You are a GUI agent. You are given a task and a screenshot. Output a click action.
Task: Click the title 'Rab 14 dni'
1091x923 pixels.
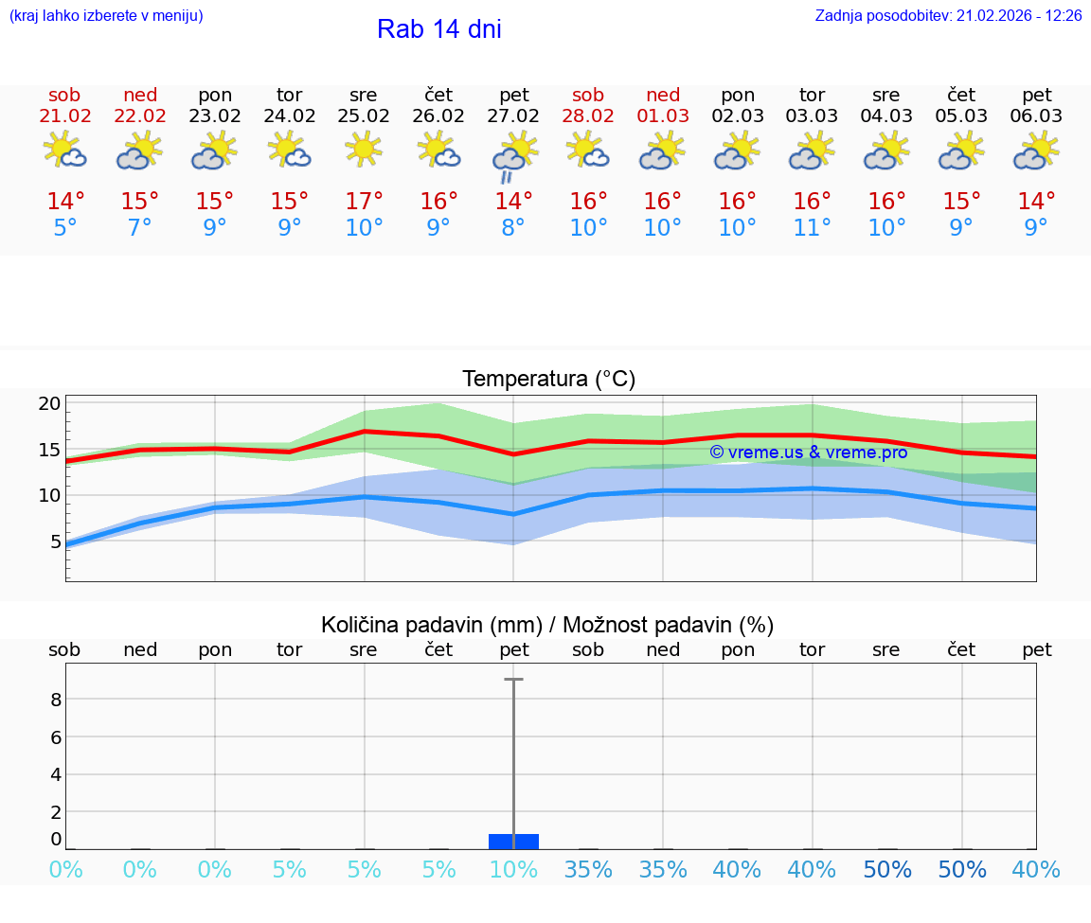438,29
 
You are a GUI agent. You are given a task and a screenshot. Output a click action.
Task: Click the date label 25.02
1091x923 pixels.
364,116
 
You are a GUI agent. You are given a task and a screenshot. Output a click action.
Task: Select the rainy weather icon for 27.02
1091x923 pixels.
513,155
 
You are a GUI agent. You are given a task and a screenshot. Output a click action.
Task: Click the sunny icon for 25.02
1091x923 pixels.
364,150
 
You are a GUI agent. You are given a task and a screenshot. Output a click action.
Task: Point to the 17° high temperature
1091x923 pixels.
364,202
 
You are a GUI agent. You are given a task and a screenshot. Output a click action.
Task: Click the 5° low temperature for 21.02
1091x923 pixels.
65,228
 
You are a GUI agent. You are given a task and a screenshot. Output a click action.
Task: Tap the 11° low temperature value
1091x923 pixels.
812,228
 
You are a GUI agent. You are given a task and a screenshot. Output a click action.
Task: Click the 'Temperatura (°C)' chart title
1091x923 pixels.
548,380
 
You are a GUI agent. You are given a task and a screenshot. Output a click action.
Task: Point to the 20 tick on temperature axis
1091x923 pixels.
50,404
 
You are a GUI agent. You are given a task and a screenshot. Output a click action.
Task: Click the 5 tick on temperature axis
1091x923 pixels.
55,541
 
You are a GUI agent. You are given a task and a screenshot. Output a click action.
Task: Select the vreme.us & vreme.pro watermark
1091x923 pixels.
808,453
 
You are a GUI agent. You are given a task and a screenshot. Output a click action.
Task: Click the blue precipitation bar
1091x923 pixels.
513,842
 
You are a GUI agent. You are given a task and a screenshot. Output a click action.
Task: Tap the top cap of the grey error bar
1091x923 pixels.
513,680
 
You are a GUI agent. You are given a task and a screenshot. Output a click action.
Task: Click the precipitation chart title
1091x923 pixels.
547,625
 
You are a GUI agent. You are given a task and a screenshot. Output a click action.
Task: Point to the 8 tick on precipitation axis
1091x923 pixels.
56,700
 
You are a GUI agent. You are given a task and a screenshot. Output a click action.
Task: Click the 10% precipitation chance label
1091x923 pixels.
513,870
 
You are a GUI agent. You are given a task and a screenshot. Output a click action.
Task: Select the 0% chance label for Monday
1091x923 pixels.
215,870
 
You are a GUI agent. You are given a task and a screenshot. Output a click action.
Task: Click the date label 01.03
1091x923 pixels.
663,116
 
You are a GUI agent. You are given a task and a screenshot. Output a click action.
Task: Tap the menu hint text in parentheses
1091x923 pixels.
106,16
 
